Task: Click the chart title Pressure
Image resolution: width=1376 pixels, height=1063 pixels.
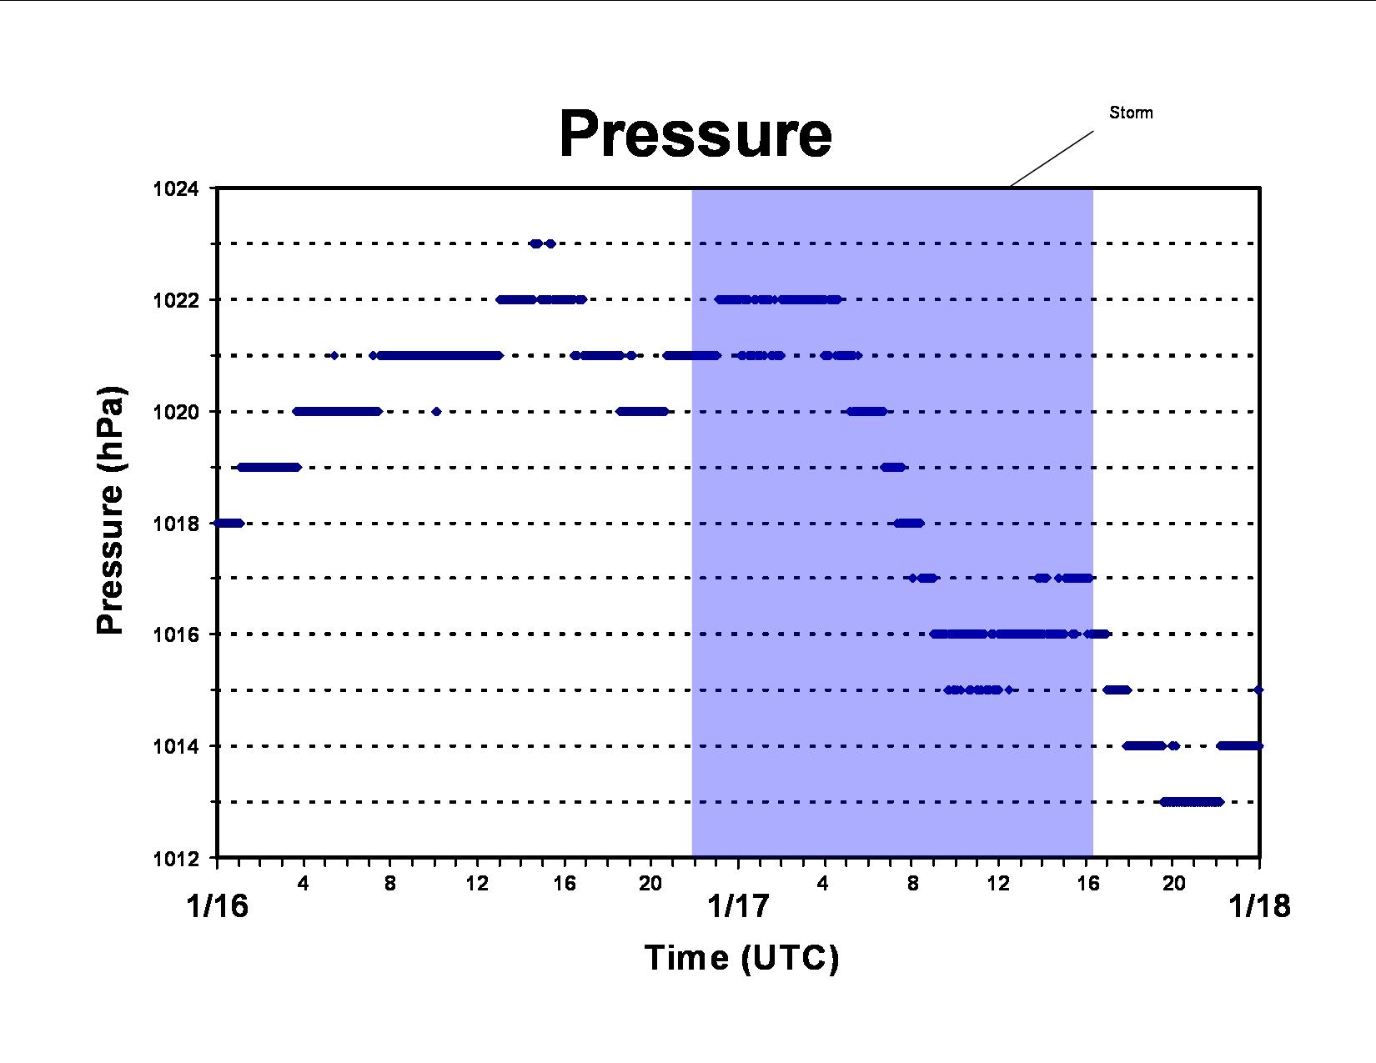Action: [x=696, y=133]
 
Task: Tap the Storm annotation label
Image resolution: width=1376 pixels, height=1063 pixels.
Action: [x=1131, y=113]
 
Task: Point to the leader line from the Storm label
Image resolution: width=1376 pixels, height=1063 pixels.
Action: [x=1052, y=159]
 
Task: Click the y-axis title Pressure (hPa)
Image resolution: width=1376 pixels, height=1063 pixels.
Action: [x=111, y=509]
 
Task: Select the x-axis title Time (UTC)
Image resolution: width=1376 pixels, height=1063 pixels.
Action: [x=741, y=959]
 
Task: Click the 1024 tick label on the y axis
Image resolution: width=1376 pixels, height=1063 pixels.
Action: [x=175, y=188]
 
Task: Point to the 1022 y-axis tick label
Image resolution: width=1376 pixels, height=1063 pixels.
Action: [x=175, y=300]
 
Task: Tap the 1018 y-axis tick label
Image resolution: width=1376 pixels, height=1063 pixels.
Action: [x=175, y=524]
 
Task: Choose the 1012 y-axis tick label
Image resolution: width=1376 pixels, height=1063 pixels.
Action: [x=175, y=859]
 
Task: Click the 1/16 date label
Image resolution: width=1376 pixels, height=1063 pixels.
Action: [x=217, y=906]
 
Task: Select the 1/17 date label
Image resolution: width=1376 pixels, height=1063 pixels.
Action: [x=738, y=906]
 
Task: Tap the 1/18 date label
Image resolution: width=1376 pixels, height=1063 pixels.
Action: [x=1259, y=906]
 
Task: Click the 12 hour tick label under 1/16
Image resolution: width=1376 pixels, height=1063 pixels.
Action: [x=477, y=883]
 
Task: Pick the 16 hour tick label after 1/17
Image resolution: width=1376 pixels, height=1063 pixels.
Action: [x=1088, y=883]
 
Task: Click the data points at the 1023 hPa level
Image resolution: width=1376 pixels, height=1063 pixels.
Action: [x=543, y=243]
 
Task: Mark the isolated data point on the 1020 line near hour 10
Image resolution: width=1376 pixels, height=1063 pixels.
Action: [x=436, y=412]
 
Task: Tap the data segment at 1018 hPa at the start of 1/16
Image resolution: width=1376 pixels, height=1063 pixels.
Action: [x=228, y=523]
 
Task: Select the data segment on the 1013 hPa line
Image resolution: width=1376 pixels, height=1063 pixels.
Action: [x=1191, y=802]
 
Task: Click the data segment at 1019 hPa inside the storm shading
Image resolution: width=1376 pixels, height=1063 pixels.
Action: [x=893, y=467]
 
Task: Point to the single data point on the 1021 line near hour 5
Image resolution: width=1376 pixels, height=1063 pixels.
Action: [x=334, y=355]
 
